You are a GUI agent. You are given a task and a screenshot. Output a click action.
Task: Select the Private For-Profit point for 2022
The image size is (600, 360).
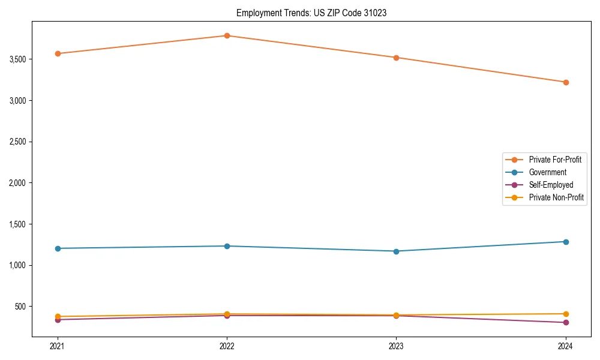(x=227, y=35)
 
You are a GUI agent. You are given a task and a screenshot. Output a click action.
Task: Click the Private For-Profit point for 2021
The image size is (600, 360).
(x=58, y=53)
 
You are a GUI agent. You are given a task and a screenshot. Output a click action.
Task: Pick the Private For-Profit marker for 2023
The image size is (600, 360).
(x=396, y=58)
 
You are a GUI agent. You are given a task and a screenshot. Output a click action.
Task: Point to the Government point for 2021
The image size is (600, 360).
(x=58, y=248)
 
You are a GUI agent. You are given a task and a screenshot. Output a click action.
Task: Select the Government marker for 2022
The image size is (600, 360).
(x=227, y=246)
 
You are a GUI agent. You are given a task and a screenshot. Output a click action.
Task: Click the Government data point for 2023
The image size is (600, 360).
(x=396, y=251)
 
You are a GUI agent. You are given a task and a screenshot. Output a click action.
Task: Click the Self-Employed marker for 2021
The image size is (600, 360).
(x=58, y=320)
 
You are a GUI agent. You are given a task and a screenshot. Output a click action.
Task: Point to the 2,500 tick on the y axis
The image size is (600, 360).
(x=17, y=142)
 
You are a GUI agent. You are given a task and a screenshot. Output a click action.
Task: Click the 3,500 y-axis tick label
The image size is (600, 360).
(x=17, y=59)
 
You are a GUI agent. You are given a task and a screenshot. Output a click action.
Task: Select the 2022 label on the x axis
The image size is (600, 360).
(x=227, y=346)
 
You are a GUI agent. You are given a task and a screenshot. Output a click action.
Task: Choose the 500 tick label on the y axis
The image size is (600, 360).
(x=21, y=307)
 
